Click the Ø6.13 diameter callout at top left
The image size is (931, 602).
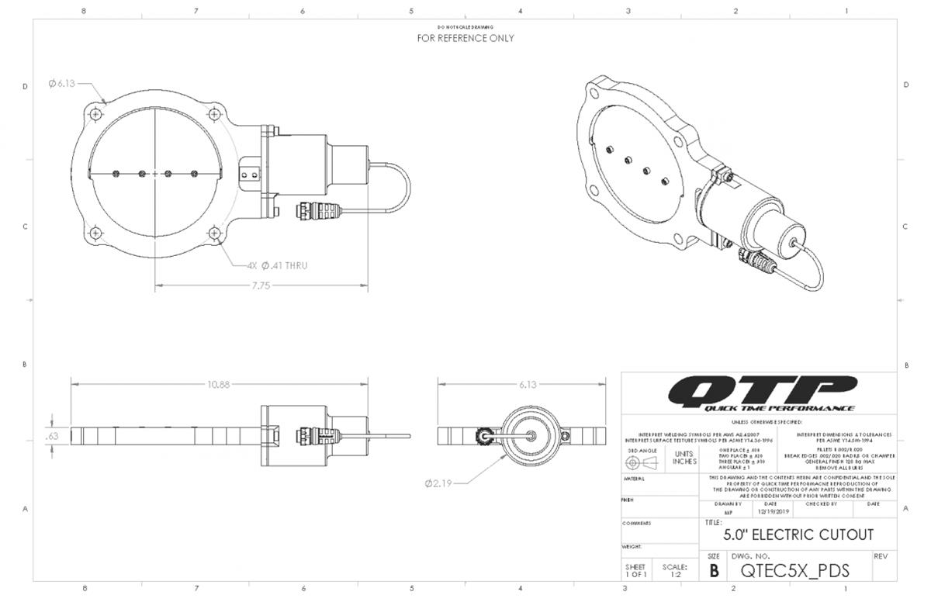61,84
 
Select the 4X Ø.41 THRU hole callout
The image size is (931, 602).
277,265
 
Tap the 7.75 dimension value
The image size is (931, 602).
261,285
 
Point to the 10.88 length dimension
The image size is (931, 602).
217,383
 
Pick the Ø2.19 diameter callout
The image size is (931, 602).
439,483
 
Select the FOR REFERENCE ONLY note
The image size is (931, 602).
465,38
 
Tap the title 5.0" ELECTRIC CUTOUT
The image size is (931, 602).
798,535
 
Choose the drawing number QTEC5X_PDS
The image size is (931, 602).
795,571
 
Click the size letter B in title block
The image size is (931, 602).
714,572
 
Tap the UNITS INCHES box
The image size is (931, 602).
684,458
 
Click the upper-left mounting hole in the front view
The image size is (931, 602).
95,114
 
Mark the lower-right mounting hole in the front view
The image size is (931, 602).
214,232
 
